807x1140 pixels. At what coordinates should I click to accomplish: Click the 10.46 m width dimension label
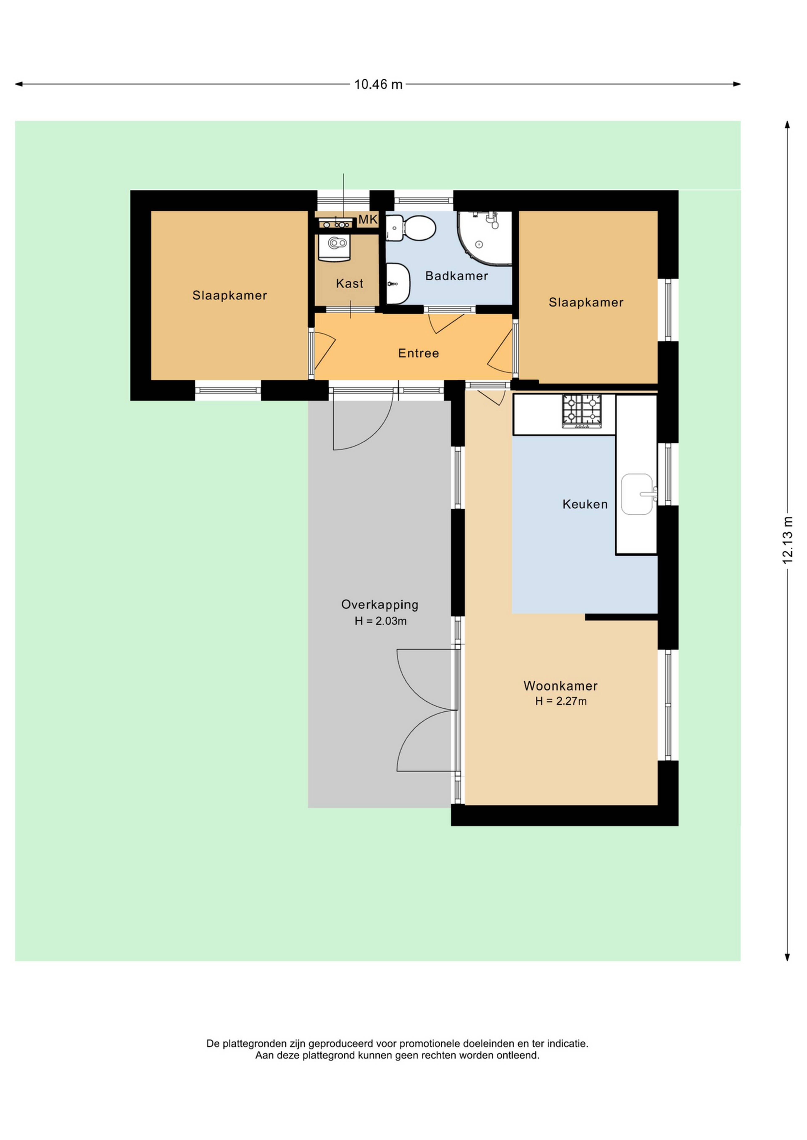point(378,84)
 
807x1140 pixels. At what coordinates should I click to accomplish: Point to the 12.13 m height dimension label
point(788,540)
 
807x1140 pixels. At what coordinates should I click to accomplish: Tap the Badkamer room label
point(457,276)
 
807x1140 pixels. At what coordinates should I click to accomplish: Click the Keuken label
point(585,504)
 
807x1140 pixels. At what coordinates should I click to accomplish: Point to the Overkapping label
point(380,605)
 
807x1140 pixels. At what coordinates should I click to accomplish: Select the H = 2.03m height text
point(381,621)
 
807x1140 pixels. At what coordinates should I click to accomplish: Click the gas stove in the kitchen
point(582,411)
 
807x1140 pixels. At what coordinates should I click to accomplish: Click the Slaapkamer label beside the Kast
point(229,295)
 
